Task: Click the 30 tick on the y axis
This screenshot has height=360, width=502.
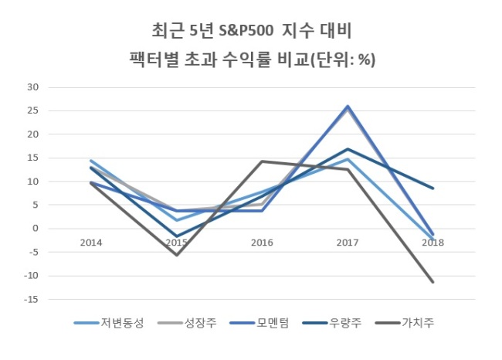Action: click(x=32, y=87)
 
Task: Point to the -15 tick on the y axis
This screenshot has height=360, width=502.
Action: click(x=31, y=300)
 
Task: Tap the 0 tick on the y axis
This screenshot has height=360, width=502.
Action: click(x=36, y=229)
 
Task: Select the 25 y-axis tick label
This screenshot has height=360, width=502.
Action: click(x=32, y=110)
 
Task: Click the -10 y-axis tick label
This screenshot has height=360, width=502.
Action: click(x=31, y=276)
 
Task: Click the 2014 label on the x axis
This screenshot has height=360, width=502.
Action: click(x=91, y=243)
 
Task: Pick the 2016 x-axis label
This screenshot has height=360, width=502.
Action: click(x=263, y=243)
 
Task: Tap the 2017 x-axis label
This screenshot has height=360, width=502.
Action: click(x=348, y=243)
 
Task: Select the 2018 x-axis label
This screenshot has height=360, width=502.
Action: click(x=433, y=243)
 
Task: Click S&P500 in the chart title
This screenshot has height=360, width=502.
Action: click(x=246, y=31)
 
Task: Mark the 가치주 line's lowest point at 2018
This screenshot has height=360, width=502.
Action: click(x=433, y=282)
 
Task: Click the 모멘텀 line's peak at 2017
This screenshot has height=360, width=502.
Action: click(x=348, y=107)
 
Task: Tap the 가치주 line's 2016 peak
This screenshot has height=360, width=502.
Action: click(x=263, y=161)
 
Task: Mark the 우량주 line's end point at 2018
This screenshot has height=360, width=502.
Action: click(x=433, y=188)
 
